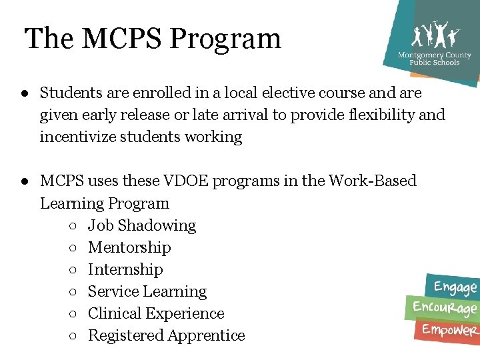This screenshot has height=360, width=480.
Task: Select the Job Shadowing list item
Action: click(x=142, y=225)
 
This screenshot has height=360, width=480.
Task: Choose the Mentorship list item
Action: click(x=129, y=247)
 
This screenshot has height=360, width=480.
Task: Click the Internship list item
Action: click(x=125, y=269)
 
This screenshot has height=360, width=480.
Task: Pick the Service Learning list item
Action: click(x=147, y=291)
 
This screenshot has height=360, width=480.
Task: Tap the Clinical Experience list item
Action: click(x=156, y=313)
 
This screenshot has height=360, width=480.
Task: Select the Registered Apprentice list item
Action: click(x=167, y=335)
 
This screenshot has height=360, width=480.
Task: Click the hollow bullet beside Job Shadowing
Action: click(x=72, y=226)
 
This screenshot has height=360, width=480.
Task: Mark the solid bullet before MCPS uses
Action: click(x=23, y=181)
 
